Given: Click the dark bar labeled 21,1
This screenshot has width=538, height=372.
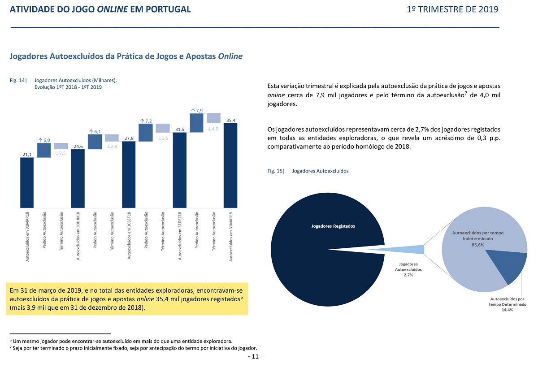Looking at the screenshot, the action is click(x=27, y=182).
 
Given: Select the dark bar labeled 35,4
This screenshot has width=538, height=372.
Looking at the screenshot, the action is click(x=230, y=165).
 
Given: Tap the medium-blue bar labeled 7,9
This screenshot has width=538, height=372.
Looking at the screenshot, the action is click(x=196, y=123).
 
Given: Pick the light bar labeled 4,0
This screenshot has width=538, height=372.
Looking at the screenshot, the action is click(x=213, y=118).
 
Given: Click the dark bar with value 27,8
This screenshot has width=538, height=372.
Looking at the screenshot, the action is click(x=129, y=175).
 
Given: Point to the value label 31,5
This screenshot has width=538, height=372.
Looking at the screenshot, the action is click(x=180, y=130).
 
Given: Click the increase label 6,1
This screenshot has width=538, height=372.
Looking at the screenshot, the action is click(x=95, y=132).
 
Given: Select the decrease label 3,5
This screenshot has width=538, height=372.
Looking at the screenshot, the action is click(x=163, y=138).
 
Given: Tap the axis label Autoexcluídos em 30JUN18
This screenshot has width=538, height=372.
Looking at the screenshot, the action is click(x=78, y=236).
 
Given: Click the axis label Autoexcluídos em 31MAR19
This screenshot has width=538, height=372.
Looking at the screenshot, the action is click(x=231, y=237).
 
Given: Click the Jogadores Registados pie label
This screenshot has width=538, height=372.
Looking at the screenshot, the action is click(x=333, y=226).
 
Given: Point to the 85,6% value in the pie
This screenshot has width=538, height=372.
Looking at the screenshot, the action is click(x=478, y=245).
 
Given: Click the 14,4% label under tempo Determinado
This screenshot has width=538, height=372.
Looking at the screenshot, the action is click(x=507, y=310).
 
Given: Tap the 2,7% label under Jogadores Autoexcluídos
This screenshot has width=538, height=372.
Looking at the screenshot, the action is click(x=408, y=275).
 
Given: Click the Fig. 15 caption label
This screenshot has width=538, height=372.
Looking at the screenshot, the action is click(x=276, y=171).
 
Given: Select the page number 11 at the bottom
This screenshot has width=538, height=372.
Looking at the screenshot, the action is click(x=255, y=357).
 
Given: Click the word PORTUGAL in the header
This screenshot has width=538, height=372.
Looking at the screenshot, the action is click(x=168, y=9).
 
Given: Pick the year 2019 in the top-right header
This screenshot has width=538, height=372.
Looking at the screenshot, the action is click(x=488, y=9).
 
